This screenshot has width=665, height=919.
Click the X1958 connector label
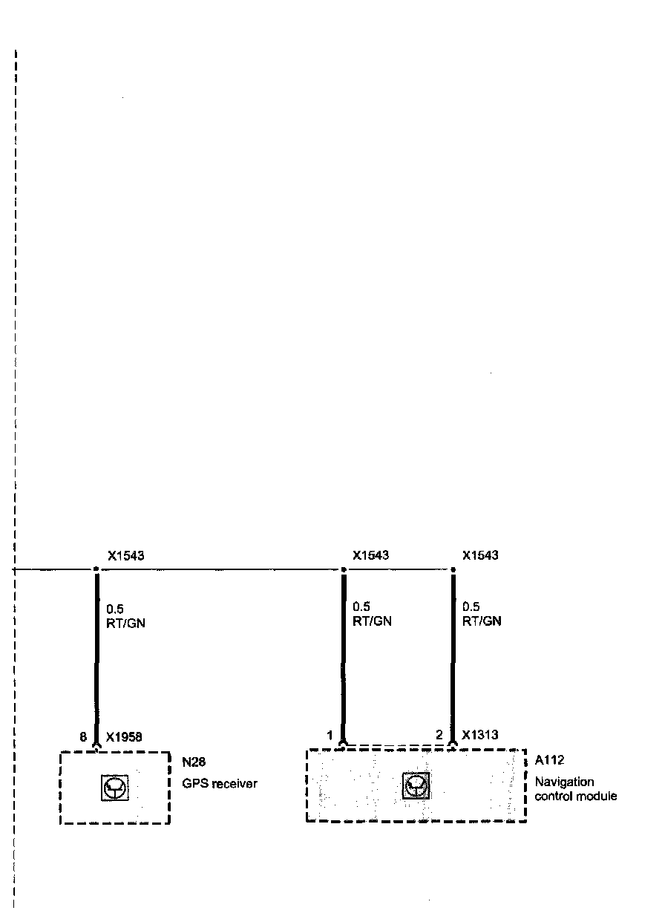click(124, 737)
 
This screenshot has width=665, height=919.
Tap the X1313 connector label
click(479, 735)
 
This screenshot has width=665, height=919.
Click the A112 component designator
click(549, 760)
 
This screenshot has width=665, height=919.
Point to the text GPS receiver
click(220, 783)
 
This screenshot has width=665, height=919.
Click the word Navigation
click(564, 782)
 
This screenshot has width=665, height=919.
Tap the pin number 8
click(83, 737)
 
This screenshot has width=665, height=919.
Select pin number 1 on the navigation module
click(330, 735)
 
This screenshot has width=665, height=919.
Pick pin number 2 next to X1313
click(439, 735)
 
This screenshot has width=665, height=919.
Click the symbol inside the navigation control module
click(416, 785)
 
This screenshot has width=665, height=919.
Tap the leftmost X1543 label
click(125, 555)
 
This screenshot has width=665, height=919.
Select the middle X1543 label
click(371, 555)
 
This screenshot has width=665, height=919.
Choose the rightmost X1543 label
click(480, 555)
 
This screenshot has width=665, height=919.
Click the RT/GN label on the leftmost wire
click(126, 623)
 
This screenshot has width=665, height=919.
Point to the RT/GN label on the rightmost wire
click(482, 621)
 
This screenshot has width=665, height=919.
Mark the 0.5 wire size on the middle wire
click(361, 606)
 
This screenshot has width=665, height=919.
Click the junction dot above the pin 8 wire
click(96, 570)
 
